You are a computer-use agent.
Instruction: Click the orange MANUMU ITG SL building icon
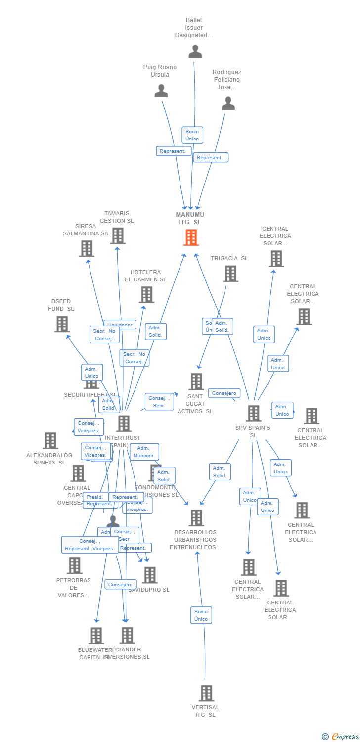click(x=191, y=237)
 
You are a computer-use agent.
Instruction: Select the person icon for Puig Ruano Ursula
click(x=161, y=91)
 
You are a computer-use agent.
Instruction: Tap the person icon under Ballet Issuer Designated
click(x=195, y=51)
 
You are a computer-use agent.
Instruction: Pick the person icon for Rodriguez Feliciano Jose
click(x=228, y=103)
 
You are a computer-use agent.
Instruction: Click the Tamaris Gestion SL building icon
click(x=118, y=236)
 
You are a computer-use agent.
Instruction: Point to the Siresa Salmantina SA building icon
click(x=87, y=248)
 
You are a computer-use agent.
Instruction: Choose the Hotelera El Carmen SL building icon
click(x=146, y=295)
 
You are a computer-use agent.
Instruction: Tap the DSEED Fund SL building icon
click(x=62, y=324)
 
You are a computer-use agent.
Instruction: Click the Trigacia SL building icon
click(x=230, y=274)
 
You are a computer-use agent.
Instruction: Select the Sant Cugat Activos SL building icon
click(x=196, y=382)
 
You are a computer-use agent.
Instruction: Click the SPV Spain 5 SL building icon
click(x=254, y=414)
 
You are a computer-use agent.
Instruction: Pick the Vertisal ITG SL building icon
click(x=207, y=693)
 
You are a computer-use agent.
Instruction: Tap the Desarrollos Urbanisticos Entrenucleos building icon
click(x=196, y=518)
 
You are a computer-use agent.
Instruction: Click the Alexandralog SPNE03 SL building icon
click(x=50, y=440)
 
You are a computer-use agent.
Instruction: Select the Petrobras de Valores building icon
click(x=74, y=565)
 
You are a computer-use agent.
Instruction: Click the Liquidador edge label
click(x=120, y=325)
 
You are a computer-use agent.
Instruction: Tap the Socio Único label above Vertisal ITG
click(x=201, y=615)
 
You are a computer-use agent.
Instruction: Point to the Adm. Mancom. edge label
click(x=144, y=452)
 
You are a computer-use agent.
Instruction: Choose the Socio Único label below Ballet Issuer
click(x=192, y=135)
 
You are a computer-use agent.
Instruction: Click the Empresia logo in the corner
click(x=341, y=737)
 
